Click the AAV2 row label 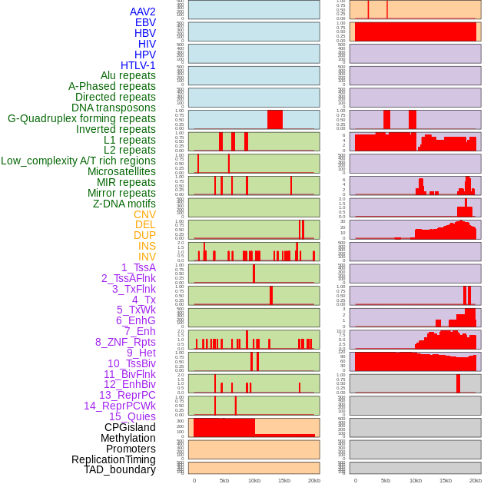pos(143,12)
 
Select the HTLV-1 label pos(138,65)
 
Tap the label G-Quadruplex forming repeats pos(81,118)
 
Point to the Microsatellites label pos(121,171)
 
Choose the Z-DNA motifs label pos(124,204)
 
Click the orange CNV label pos(144,214)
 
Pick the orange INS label pos(147,246)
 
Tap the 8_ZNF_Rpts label pos(125,342)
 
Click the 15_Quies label pos(132,416)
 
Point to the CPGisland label pos(130,427)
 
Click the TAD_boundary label pos(120,469)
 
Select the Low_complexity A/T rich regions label pos(78,161)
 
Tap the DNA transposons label pos(114,108)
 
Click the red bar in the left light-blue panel pos(275,120)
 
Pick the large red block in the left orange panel pos(224,427)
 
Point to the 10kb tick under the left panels pos(254,480)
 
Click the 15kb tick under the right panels pos(446,480)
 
